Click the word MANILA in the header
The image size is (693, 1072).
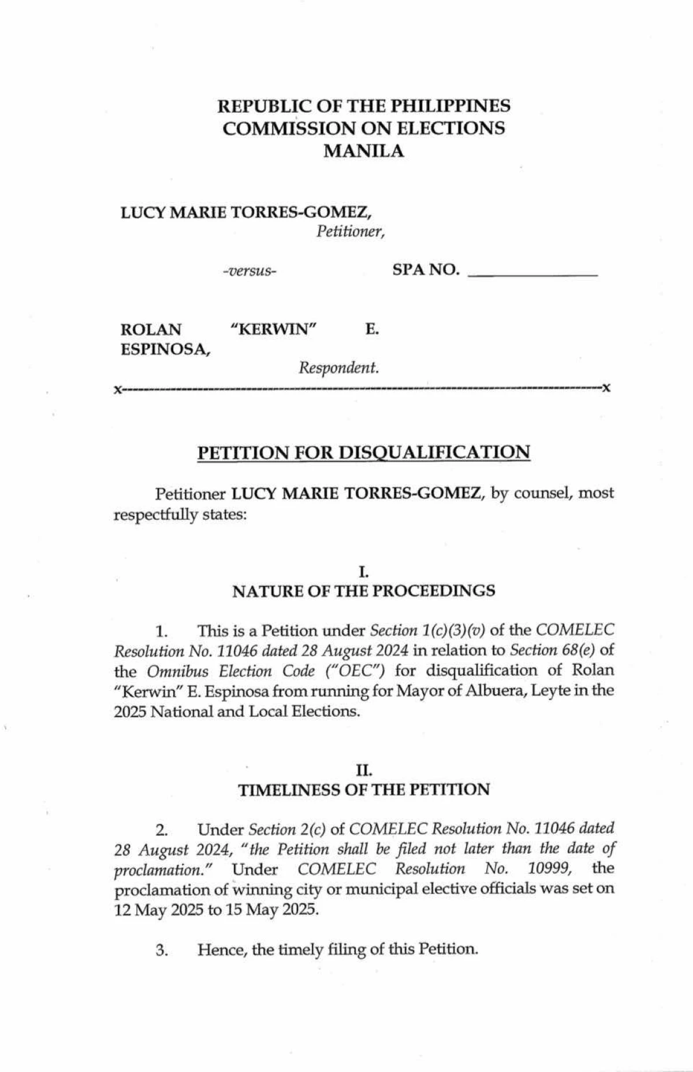(x=364, y=151)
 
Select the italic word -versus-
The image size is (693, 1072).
(x=249, y=271)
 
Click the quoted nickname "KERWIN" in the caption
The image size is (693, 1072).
(x=274, y=330)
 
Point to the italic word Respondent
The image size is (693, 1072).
(x=338, y=367)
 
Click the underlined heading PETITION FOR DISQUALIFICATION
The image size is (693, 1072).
(x=364, y=452)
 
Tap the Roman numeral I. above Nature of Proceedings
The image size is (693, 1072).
(x=363, y=572)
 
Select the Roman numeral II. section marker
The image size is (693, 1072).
(x=364, y=769)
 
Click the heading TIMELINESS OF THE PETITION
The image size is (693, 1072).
(x=364, y=790)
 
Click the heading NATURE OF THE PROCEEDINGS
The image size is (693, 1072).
(x=364, y=591)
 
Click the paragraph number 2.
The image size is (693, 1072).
(x=162, y=831)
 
